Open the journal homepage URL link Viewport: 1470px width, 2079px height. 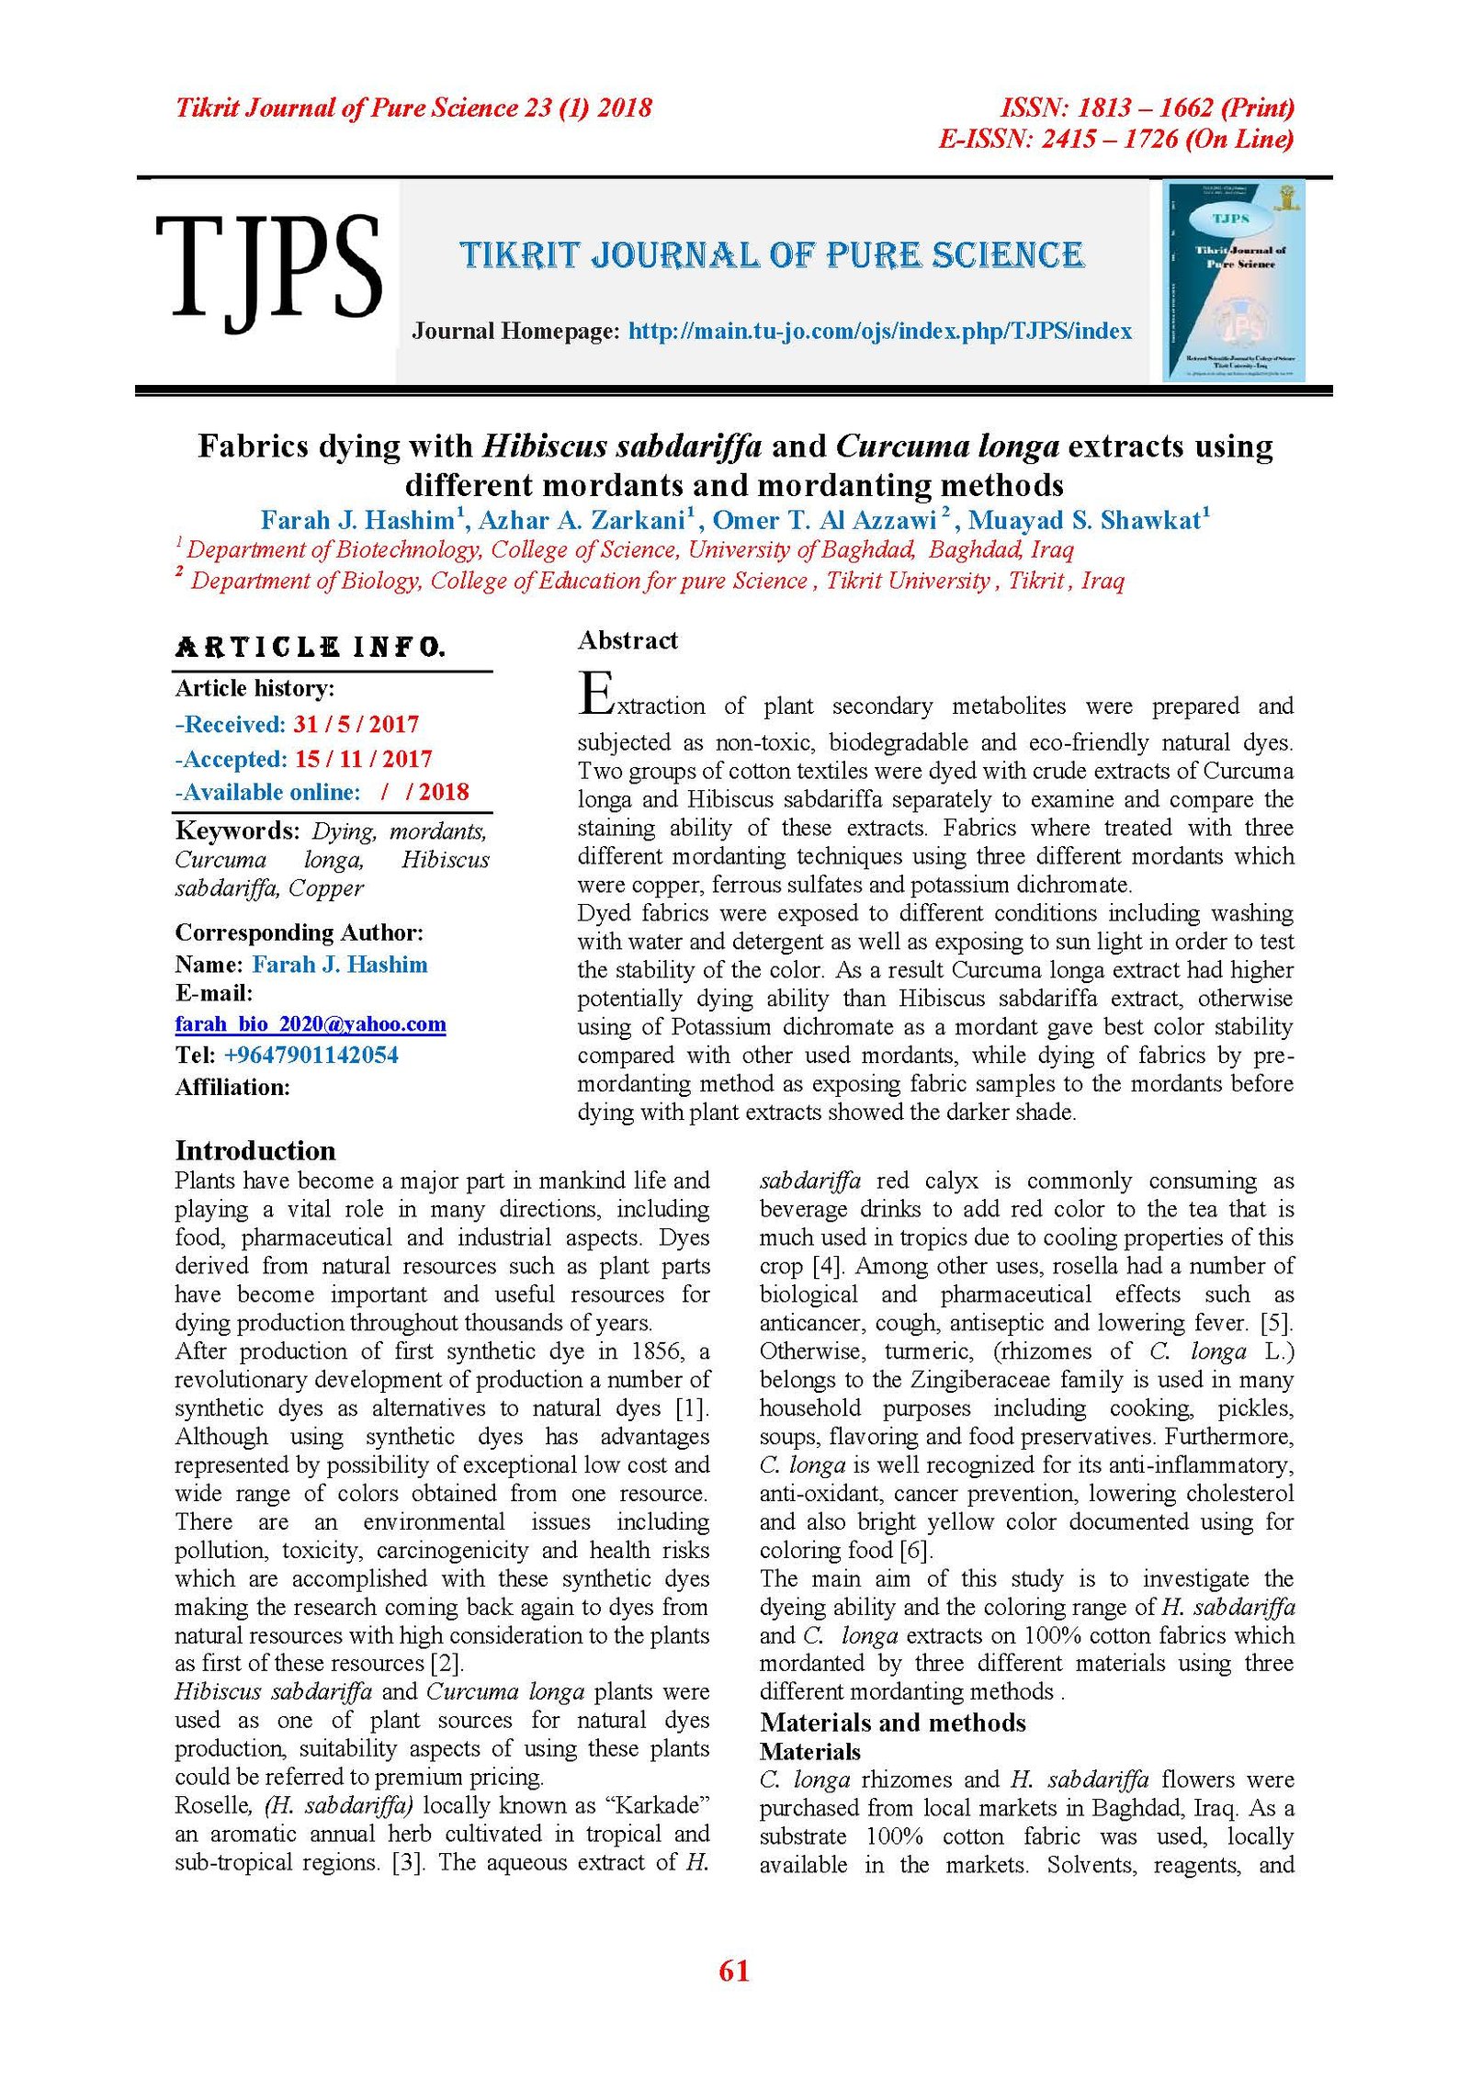(x=879, y=332)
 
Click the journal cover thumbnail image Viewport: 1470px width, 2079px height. (x=1233, y=281)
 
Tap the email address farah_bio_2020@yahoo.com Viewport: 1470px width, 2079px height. (x=311, y=1024)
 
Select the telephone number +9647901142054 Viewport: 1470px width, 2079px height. (x=311, y=1055)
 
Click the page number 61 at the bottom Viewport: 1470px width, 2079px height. (x=734, y=1971)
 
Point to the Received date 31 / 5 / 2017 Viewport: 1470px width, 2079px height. (x=356, y=725)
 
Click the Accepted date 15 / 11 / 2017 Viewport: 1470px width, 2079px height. (x=363, y=759)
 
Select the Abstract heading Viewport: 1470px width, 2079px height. (x=628, y=640)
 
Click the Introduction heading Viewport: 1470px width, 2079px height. (x=255, y=1151)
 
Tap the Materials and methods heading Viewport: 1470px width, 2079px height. (x=892, y=1723)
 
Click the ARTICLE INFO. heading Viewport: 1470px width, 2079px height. (x=311, y=648)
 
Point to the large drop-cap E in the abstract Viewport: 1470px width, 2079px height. (x=595, y=695)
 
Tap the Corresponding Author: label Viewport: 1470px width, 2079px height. (x=300, y=933)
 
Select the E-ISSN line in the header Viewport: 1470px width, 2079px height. (x=1115, y=140)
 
